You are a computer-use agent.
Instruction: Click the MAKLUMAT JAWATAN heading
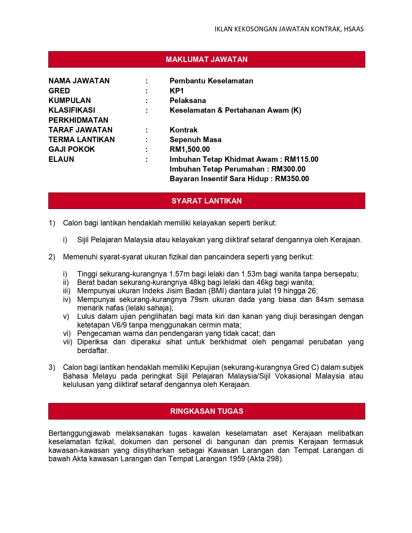pos(206,59)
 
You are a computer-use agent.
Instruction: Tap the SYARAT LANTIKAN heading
pos(206,201)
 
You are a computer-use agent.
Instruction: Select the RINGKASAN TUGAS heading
pos(206,411)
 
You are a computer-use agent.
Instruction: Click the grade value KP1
pos(176,91)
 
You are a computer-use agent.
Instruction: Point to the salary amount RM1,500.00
pos(190,149)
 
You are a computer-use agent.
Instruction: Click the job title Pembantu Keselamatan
pos(211,81)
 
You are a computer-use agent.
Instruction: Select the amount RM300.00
pos(288,169)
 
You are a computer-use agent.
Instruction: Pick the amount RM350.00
pos(292,179)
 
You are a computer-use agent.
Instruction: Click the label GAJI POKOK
pos(72,149)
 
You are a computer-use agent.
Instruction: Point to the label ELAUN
pos(61,159)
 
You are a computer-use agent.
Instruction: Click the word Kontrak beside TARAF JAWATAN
pos(184,130)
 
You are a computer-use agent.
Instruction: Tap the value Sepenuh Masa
pos(195,140)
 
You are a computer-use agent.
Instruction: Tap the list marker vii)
pos(67,342)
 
